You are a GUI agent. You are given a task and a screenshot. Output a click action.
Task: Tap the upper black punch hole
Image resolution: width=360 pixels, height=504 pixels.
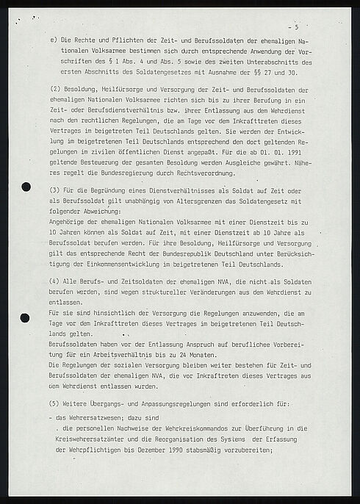27,186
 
